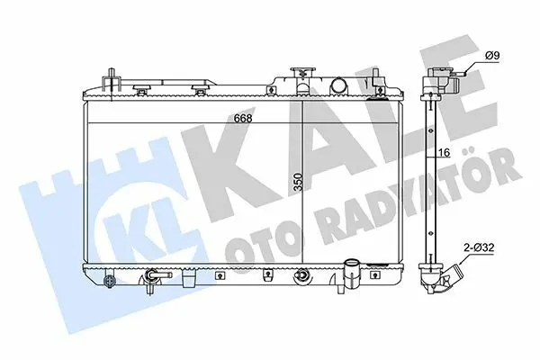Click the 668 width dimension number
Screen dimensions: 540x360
243,118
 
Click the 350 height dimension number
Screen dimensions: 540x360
298,182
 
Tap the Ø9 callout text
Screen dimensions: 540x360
492,56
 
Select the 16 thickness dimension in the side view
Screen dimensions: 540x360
445,152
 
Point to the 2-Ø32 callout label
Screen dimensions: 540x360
479,247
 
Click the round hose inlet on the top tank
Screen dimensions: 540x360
338,85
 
